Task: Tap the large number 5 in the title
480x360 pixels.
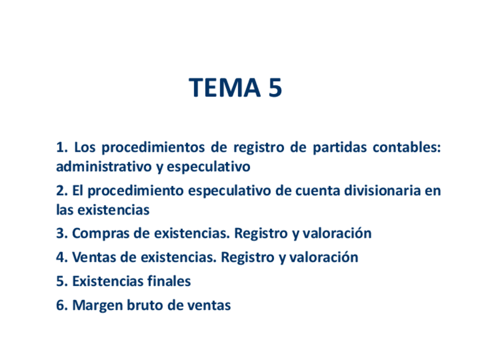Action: coord(275,88)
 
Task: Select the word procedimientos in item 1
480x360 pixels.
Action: coord(153,148)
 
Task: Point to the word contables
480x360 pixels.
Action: coord(406,147)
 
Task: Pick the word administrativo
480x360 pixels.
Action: coord(104,167)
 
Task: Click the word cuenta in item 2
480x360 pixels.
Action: coord(318,191)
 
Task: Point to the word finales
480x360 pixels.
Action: coord(169,281)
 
